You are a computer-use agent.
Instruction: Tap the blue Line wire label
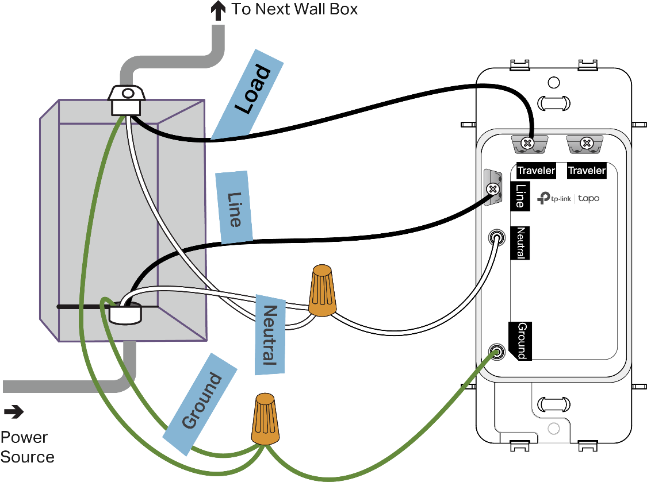point(234,207)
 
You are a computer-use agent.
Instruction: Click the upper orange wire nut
point(322,290)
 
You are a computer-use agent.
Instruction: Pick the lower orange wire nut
point(266,419)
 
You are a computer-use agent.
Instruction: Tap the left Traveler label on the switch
point(536,170)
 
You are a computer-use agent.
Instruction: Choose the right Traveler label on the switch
point(587,170)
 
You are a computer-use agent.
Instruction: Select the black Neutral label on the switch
point(520,243)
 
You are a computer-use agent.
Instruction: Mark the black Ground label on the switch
point(521,340)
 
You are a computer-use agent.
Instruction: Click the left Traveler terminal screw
point(526,142)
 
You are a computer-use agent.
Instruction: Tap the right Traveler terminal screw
point(587,142)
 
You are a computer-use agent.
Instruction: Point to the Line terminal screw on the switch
point(492,188)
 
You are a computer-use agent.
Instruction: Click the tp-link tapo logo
point(568,198)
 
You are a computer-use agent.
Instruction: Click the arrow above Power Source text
point(14,411)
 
